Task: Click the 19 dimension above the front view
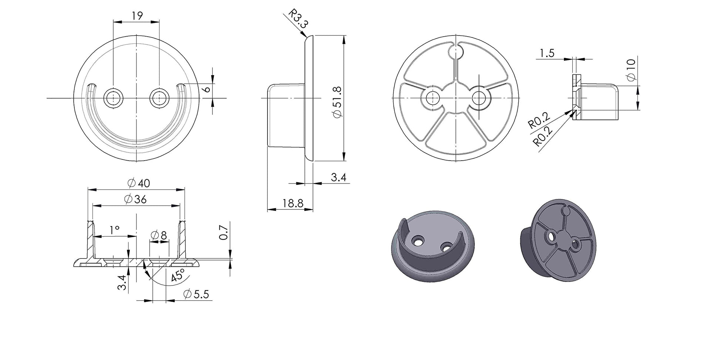point(137,16)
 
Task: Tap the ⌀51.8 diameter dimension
point(337,102)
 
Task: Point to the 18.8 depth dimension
point(293,203)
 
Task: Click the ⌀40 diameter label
point(138,183)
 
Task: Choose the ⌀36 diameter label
point(135,199)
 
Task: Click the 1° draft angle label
point(115,230)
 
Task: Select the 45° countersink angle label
point(178,276)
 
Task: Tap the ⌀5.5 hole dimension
point(196,294)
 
